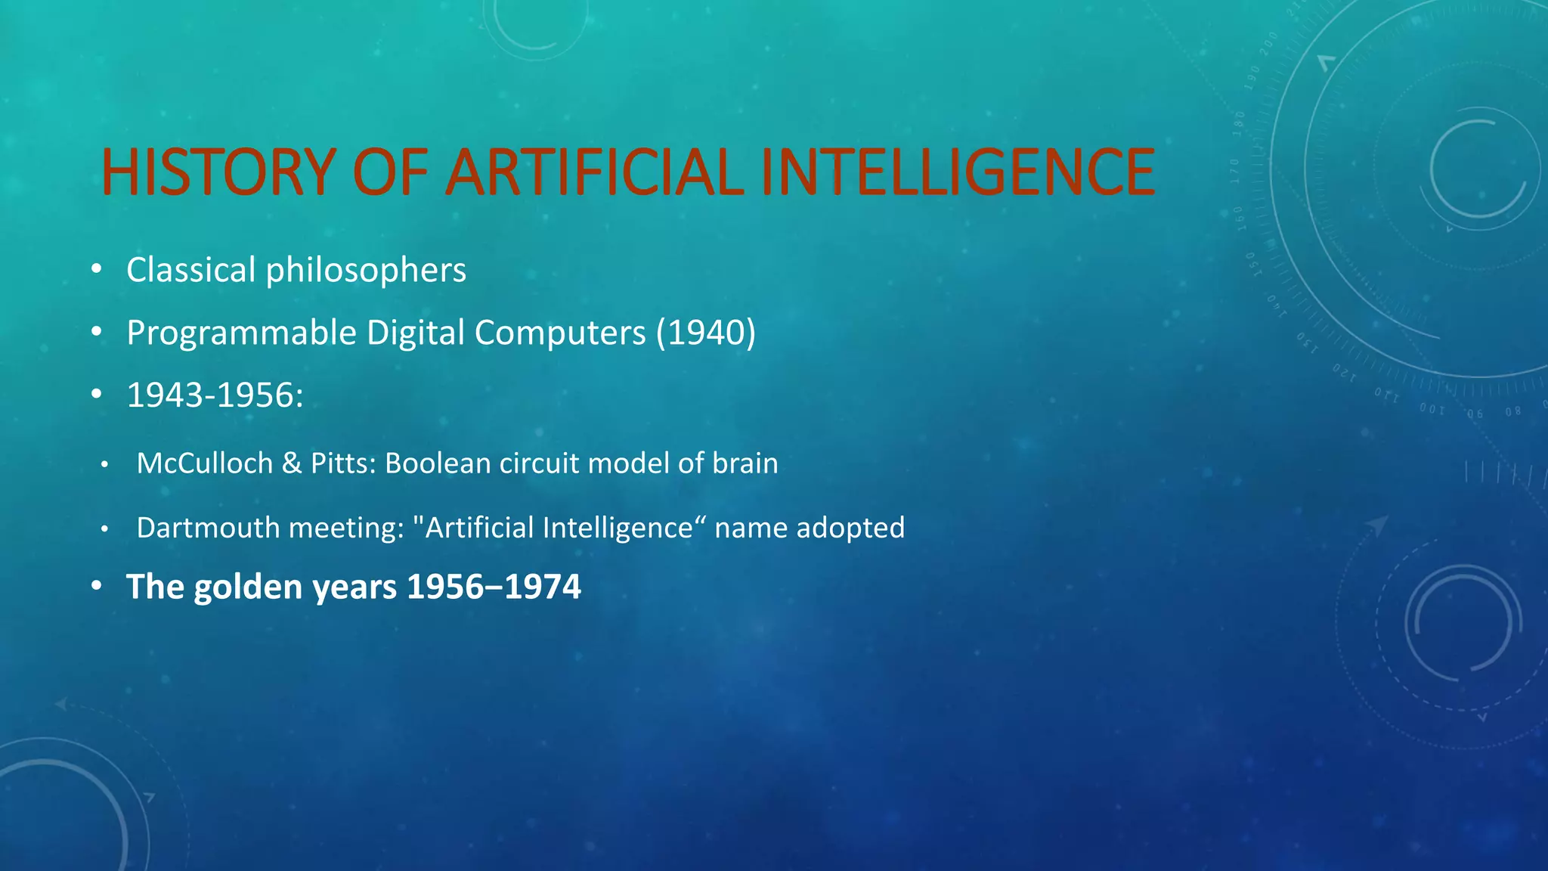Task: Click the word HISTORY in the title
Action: pyautogui.click(x=218, y=172)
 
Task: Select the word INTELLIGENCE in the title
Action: pyautogui.click(x=958, y=172)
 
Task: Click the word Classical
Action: pyautogui.click(x=190, y=270)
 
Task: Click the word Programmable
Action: pyautogui.click(x=241, y=333)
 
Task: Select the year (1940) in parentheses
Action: pyautogui.click(x=706, y=333)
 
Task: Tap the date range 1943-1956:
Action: pyautogui.click(x=215, y=395)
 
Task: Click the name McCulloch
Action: pyautogui.click(x=205, y=463)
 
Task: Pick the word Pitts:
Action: pyautogui.click(x=343, y=463)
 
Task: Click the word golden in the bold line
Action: pyautogui.click(x=248, y=587)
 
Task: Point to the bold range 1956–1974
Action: pyautogui.click(x=494, y=587)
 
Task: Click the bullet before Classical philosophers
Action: pyautogui.click(x=96, y=270)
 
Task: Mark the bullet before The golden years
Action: pyautogui.click(x=96, y=587)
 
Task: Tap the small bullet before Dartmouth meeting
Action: pyautogui.click(x=104, y=528)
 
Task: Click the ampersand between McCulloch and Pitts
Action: pyautogui.click(x=292, y=463)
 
